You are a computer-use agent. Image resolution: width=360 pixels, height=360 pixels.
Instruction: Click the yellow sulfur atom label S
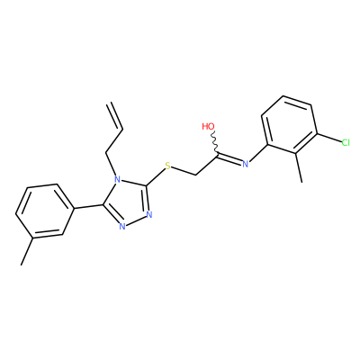click(x=167, y=166)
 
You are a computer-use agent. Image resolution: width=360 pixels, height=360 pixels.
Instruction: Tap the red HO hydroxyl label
click(x=208, y=126)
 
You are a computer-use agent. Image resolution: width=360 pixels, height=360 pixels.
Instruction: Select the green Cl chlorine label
click(x=346, y=142)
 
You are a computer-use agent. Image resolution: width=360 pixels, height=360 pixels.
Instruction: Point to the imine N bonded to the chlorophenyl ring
click(x=246, y=164)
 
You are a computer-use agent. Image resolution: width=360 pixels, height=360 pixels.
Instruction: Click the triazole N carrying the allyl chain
click(x=118, y=180)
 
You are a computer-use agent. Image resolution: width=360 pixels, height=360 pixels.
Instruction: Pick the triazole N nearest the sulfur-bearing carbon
click(x=149, y=214)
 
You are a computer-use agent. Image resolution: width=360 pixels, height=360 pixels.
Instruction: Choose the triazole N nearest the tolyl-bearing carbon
click(x=122, y=226)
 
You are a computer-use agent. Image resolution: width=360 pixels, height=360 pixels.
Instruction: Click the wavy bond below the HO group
click(x=214, y=142)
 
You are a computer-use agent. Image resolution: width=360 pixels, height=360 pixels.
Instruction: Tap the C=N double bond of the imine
click(x=229, y=158)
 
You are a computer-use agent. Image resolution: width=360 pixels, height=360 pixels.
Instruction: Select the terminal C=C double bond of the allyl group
click(x=115, y=116)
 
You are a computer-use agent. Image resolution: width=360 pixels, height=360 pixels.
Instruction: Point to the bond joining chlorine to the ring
click(x=328, y=138)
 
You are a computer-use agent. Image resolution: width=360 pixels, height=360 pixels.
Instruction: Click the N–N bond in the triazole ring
click(x=136, y=220)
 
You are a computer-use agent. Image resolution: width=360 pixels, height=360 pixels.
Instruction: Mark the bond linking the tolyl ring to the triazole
click(x=89, y=207)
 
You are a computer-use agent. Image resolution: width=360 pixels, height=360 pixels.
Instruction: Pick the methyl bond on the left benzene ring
click(x=27, y=251)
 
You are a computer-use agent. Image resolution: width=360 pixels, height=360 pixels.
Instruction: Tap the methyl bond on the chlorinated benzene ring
click(x=299, y=167)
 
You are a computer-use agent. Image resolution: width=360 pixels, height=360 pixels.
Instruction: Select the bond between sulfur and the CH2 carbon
click(x=184, y=171)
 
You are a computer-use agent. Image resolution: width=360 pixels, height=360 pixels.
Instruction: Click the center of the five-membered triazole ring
click(x=128, y=203)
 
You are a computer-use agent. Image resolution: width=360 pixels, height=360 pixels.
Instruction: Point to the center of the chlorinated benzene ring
click(x=290, y=125)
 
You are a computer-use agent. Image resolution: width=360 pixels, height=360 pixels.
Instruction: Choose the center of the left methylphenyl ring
click(x=45, y=211)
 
